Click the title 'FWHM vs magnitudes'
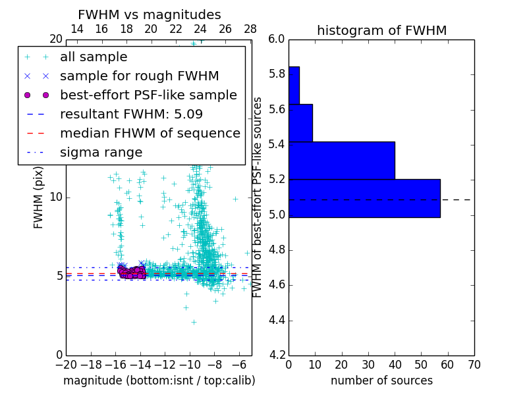pyautogui.click(x=150, y=15)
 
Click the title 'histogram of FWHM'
pyautogui.click(x=381, y=30)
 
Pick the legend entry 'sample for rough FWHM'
pyautogui.click(x=139, y=76)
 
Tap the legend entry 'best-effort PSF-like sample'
pyautogui.click(x=148, y=95)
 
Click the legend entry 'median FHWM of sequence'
pyautogui.click(x=150, y=133)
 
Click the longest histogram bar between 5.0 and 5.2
pyautogui.click(x=364, y=198)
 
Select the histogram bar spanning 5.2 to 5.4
pyautogui.click(x=341, y=160)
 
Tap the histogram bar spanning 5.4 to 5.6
pyautogui.click(x=300, y=122)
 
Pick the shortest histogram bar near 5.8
pyautogui.click(x=294, y=85)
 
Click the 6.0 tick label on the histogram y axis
pyautogui.click(x=277, y=39)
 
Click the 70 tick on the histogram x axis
pyautogui.click(x=474, y=365)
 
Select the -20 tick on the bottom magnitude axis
pyautogui.click(x=66, y=365)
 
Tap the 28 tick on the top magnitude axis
pyautogui.click(x=250, y=29)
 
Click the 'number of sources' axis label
pyautogui.click(x=381, y=381)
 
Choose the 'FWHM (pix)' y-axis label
pyautogui.click(x=39, y=197)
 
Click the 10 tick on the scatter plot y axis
pyautogui.click(x=57, y=197)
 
